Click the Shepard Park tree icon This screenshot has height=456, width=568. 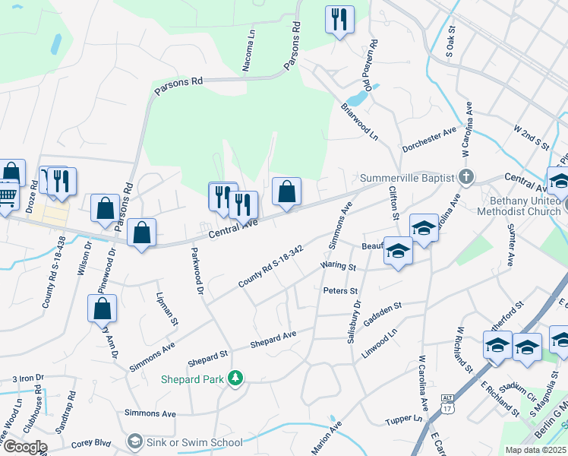(236, 378)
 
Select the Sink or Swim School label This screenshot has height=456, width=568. (194, 442)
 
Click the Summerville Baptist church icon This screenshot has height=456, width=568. (467, 177)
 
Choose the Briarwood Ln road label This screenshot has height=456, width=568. (359, 122)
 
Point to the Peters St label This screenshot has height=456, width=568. (340, 290)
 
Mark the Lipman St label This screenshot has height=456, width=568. (166, 309)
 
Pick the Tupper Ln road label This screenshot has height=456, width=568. (403, 418)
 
